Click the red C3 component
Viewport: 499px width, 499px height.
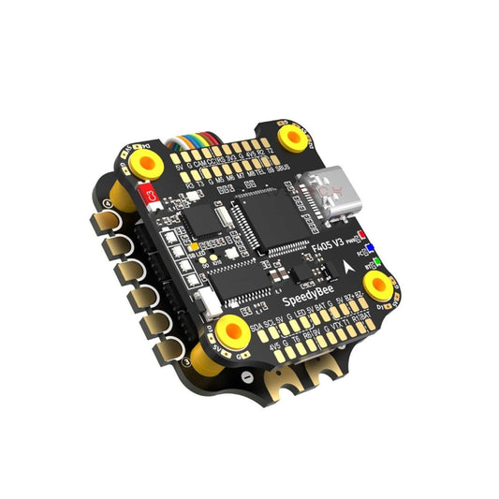tap(146, 196)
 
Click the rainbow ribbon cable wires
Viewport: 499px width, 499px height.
tap(181, 145)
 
